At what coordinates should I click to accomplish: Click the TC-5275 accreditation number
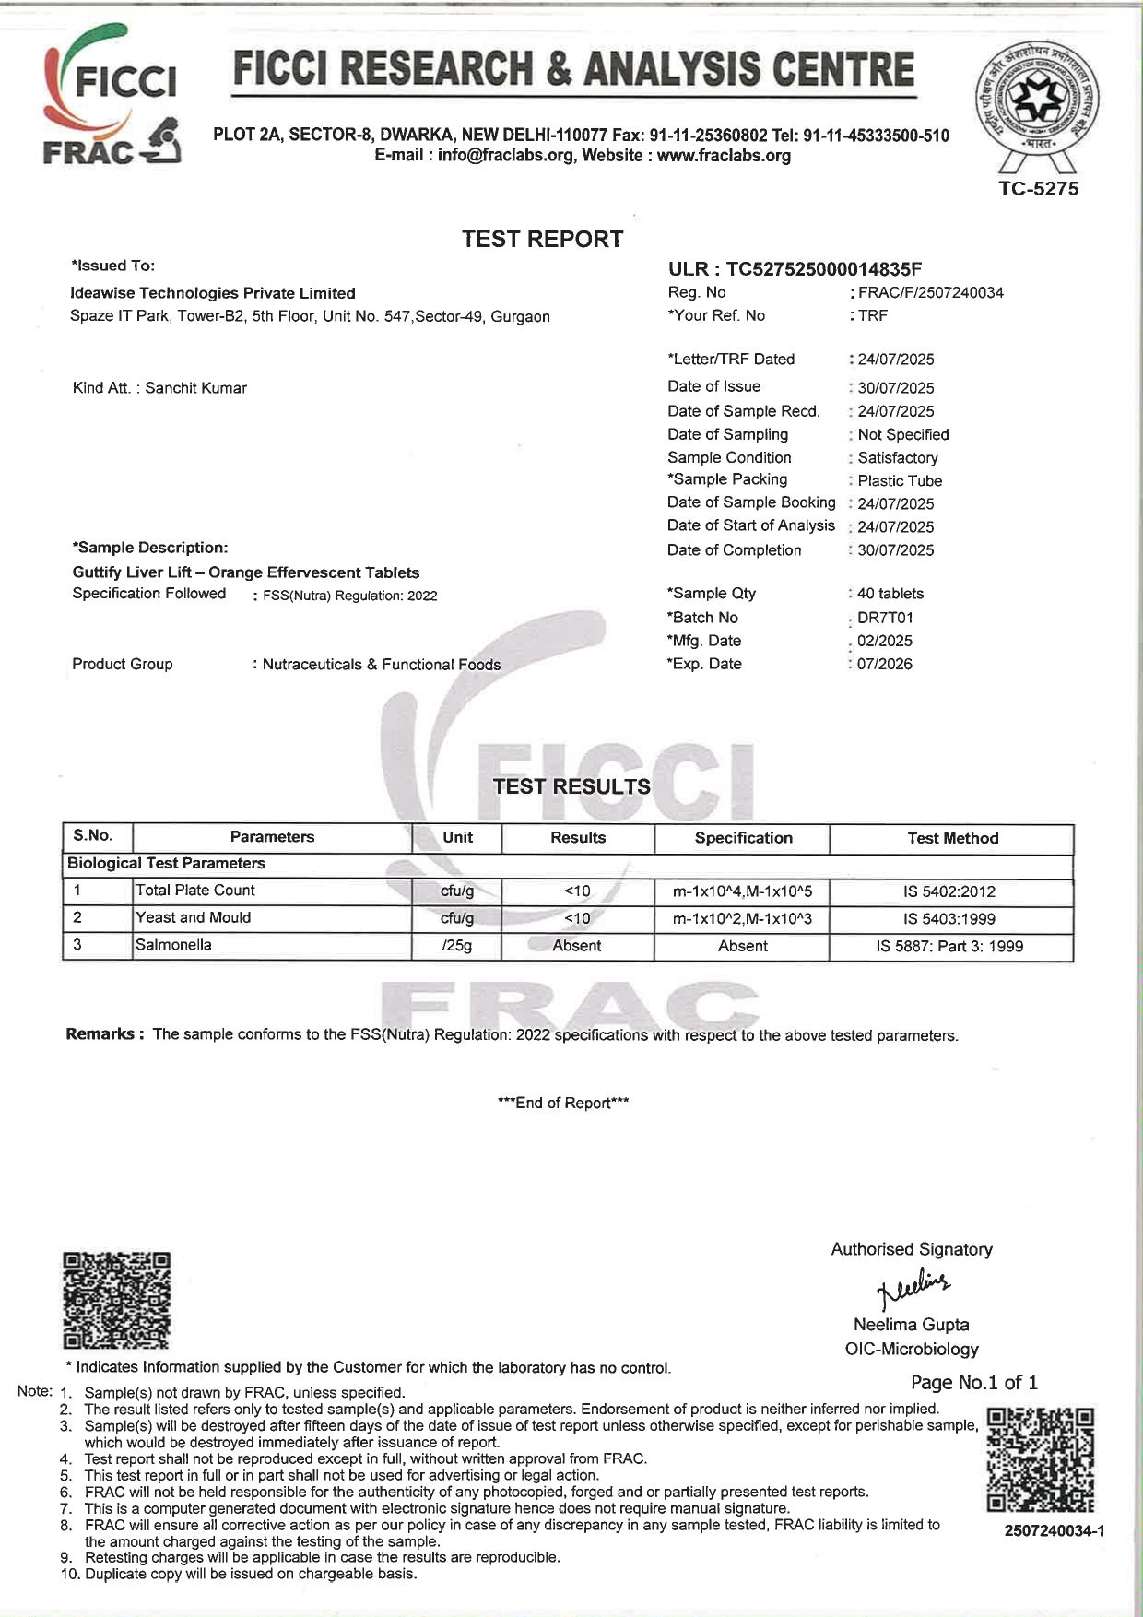(x=1038, y=189)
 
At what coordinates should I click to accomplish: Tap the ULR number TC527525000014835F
(x=795, y=269)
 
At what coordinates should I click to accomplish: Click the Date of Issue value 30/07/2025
(x=895, y=388)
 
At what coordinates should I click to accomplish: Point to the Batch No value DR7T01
(x=885, y=618)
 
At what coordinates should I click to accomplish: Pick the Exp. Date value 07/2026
(x=884, y=664)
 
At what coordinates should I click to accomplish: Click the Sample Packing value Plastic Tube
(x=900, y=480)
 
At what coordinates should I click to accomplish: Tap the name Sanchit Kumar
(x=195, y=388)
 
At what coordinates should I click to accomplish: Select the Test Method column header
(x=952, y=838)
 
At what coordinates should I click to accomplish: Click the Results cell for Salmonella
(x=577, y=946)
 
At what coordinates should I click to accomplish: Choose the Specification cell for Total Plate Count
(x=743, y=891)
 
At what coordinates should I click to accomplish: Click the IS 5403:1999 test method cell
(x=949, y=919)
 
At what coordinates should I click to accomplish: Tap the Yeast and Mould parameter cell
(x=193, y=917)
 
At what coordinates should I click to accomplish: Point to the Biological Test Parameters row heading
(x=167, y=864)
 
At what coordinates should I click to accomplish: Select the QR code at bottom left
(x=117, y=1300)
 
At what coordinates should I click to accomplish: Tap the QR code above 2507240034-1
(x=1040, y=1459)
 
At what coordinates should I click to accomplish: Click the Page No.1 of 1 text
(x=973, y=1382)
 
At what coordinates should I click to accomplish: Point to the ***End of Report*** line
(x=562, y=1103)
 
